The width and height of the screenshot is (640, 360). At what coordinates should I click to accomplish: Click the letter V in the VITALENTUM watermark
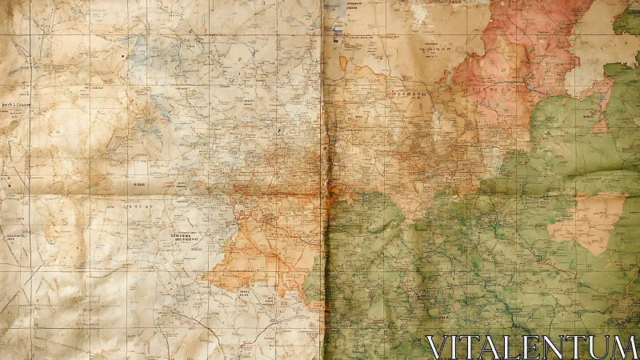point(438,348)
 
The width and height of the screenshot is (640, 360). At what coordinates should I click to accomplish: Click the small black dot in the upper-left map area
point(122,57)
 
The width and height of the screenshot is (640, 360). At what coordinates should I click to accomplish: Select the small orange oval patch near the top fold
point(343,62)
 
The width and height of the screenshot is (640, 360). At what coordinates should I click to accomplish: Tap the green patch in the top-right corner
point(627,20)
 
